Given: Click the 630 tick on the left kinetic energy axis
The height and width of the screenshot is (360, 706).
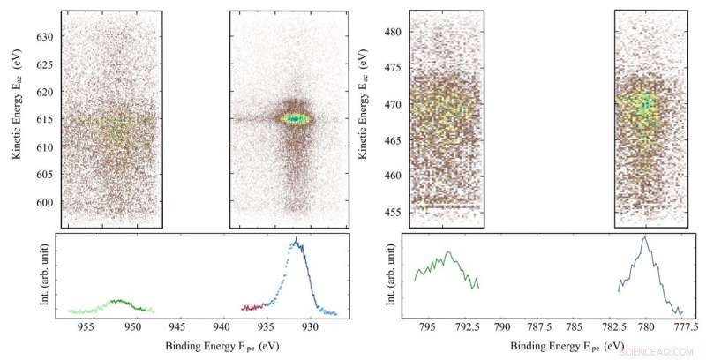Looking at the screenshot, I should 43,37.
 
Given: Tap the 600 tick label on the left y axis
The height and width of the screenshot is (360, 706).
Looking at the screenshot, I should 43,202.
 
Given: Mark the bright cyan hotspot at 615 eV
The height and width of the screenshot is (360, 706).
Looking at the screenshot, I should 296,118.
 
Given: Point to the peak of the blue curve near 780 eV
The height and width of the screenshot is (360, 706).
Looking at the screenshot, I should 645,237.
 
